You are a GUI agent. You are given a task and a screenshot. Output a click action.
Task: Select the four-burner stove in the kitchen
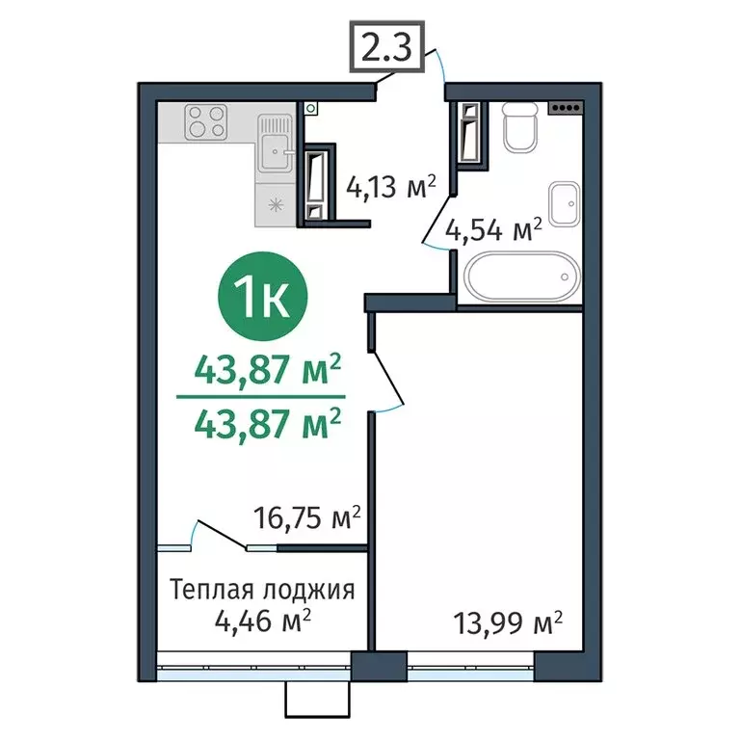[205, 123]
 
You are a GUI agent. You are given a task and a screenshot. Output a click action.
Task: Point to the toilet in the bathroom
[520, 124]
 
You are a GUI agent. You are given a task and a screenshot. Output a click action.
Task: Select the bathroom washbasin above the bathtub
[564, 201]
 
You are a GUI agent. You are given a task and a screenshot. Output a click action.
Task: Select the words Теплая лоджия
[261, 589]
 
